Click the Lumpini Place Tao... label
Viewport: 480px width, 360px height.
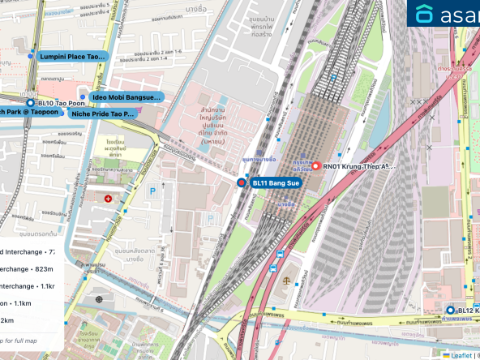(72, 57)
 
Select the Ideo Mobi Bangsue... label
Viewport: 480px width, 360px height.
(126, 97)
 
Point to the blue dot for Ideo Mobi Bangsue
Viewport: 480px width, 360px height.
(82, 97)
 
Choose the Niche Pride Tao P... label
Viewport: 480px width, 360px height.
(102, 114)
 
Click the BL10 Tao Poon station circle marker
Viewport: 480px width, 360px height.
(30, 104)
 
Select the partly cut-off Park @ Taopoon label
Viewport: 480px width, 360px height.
(29, 112)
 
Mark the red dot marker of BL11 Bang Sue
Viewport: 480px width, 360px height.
(242, 183)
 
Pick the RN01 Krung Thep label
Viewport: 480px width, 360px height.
(358, 166)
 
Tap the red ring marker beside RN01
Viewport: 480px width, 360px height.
(315, 165)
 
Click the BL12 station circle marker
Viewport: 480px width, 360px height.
(450, 310)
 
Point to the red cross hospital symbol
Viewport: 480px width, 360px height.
(109, 198)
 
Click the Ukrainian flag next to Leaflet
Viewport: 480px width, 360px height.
(445, 354)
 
